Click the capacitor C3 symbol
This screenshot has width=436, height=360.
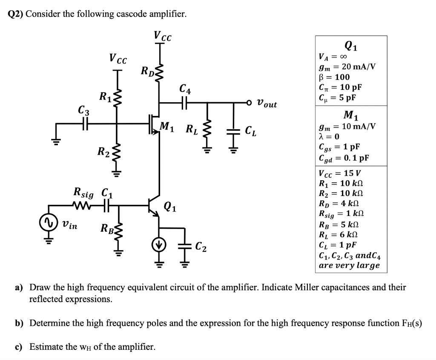coord(84,124)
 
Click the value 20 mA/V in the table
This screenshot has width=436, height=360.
coord(359,67)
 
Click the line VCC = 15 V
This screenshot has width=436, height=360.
coord(339,174)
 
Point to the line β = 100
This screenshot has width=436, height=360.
coord(334,77)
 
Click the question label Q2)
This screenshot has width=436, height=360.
coord(16,14)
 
